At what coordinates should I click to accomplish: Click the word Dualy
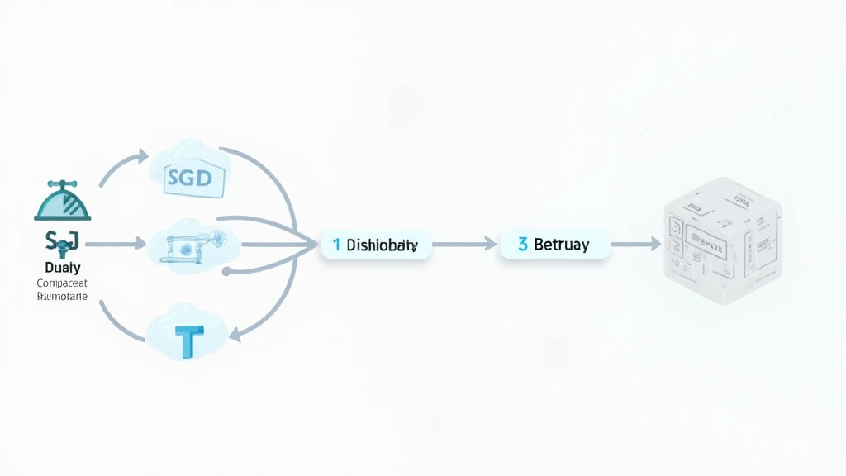click(x=61, y=268)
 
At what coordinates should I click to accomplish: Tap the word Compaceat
click(x=62, y=283)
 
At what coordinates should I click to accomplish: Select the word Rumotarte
click(x=62, y=296)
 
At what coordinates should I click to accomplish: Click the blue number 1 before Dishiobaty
click(x=336, y=245)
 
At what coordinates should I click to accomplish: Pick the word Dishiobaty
click(x=383, y=245)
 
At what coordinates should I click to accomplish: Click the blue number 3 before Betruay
click(x=522, y=245)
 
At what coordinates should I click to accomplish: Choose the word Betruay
click(x=562, y=245)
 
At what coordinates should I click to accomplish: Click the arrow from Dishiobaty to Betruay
click(x=464, y=245)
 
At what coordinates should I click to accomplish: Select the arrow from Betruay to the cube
click(x=636, y=245)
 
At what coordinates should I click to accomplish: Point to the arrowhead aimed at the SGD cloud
click(x=141, y=156)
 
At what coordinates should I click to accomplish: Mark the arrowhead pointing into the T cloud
click(x=236, y=334)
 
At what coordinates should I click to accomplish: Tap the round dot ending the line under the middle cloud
click(x=226, y=270)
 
